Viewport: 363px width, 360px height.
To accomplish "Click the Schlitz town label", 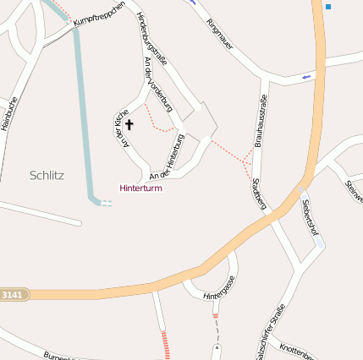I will click(47, 176).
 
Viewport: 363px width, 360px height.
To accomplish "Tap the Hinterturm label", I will click(140, 188).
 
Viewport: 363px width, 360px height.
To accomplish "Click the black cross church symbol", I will click(129, 123).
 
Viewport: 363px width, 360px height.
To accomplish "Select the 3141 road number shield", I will click(13, 294).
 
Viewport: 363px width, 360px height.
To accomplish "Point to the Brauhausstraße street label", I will click(259, 123).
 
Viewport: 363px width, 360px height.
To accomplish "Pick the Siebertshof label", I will click(309, 216).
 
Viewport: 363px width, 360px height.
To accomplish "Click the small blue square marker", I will click(328, 7).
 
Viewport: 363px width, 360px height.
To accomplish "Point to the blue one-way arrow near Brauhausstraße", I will click(305, 78).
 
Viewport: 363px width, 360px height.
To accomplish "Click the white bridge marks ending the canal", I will click(107, 203).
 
